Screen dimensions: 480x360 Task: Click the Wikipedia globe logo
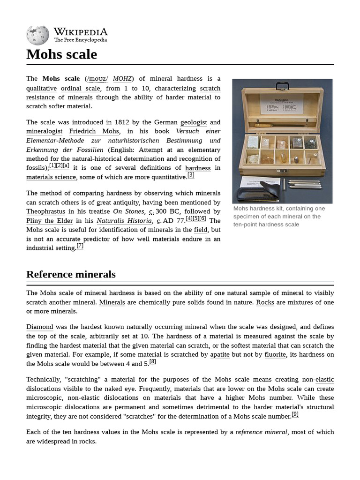click(37, 35)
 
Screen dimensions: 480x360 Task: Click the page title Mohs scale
click(61, 54)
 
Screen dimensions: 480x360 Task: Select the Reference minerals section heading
click(71, 274)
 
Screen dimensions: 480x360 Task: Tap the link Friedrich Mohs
click(94, 131)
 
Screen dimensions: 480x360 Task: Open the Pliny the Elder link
click(50, 221)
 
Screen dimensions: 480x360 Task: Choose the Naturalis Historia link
click(124, 221)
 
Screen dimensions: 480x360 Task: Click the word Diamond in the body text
click(40, 327)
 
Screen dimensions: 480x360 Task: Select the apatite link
click(220, 354)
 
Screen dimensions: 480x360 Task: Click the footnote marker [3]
click(191, 175)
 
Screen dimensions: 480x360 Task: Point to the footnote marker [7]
click(80, 246)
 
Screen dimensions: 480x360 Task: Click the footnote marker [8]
click(153, 361)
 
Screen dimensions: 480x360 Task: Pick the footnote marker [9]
click(295, 414)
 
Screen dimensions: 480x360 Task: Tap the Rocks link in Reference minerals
click(265, 302)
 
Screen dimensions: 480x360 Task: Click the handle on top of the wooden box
click(283, 85)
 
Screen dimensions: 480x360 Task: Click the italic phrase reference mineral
click(261, 432)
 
